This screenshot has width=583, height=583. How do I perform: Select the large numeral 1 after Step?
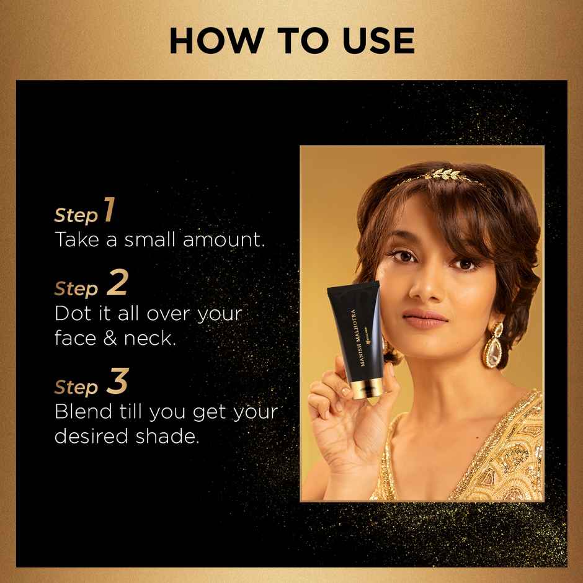[x=109, y=210]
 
